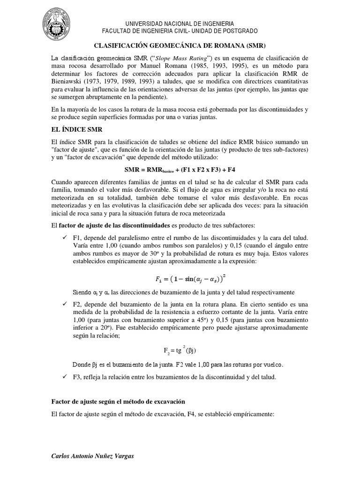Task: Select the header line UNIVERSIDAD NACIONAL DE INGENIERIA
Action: (x=180, y=23)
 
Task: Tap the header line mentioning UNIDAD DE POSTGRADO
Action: (x=180, y=30)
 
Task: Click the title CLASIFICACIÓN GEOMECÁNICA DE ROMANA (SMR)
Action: (x=180, y=45)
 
